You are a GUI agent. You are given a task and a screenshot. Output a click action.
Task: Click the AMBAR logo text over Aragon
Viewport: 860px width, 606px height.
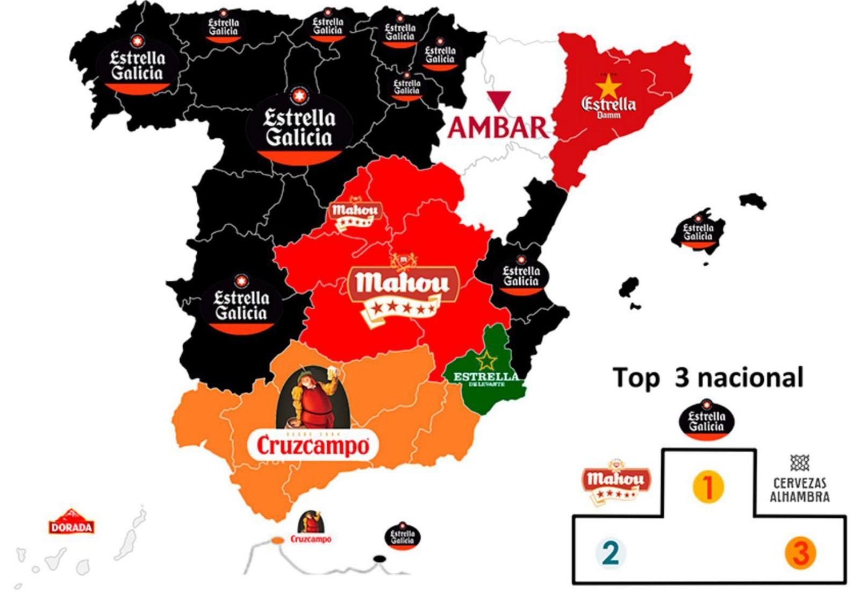(x=498, y=127)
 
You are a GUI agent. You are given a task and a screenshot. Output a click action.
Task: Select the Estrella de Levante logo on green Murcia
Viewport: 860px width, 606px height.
(x=485, y=372)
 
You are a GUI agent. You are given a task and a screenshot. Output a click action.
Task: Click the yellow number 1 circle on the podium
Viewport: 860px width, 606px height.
(x=708, y=487)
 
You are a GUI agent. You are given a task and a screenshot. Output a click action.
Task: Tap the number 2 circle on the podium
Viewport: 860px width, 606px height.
(x=611, y=552)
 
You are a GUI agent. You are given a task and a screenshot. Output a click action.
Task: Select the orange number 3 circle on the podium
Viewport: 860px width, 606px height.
(x=800, y=553)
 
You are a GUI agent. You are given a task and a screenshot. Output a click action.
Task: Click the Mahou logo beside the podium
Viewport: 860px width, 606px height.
(x=616, y=482)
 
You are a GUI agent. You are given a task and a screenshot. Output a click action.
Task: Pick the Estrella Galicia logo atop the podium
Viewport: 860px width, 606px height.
(x=707, y=420)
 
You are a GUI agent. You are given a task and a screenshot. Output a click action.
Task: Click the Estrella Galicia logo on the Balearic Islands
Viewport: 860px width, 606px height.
(x=698, y=232)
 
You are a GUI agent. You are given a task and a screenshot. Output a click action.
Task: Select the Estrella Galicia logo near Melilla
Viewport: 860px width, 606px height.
(x=403, y=536)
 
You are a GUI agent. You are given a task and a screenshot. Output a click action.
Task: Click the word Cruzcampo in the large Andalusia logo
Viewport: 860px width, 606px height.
(x=313, y=446)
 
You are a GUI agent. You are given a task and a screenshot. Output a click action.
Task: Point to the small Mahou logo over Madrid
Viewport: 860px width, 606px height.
(x=355, y=213)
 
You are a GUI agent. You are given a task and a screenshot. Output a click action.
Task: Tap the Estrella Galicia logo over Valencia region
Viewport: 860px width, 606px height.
(x=520, y=276)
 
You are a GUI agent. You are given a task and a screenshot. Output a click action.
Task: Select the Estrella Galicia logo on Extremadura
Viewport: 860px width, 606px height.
(x=241, y=304)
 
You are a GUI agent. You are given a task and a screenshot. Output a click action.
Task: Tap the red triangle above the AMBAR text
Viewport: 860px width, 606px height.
(x=498, y=101)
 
